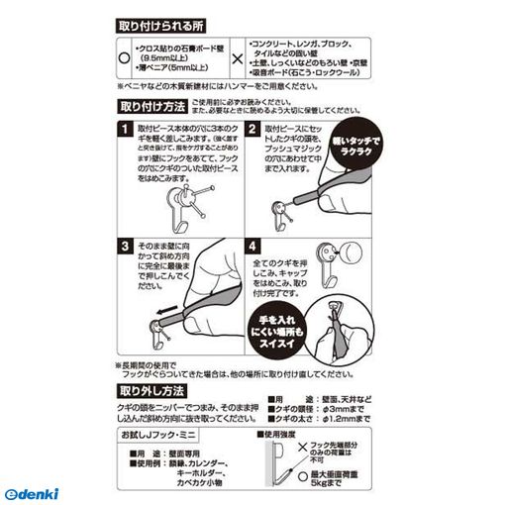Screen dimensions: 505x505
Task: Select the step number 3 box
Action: pyautogui.click(x=124, y=245)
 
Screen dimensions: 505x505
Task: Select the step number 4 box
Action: pyautogui.click(x=252, y=245)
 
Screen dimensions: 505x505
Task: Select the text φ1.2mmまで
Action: pyautogui.click(x=363, y=421)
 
